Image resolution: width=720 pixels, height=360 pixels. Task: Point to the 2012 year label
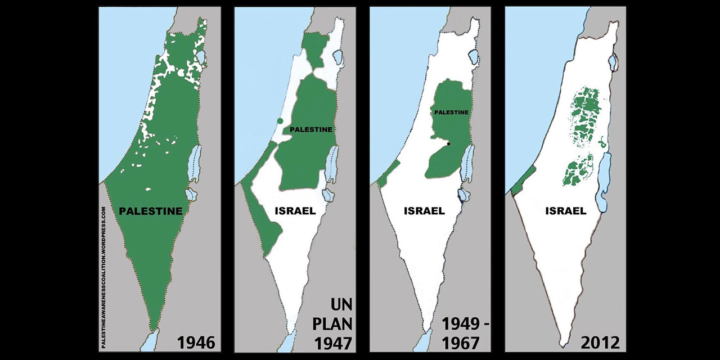600,341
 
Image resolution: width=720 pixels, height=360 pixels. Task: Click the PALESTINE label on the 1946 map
151,211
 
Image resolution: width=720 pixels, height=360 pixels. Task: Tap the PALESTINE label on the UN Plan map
310,129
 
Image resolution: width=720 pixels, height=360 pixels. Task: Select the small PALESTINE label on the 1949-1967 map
451,112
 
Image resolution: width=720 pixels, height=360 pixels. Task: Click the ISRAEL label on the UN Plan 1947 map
296,211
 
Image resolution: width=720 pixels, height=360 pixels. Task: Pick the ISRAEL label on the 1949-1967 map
424,211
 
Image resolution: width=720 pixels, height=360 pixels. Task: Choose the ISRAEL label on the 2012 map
565,211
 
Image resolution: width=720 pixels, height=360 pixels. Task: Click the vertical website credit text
103,276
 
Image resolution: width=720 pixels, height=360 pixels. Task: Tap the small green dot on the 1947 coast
280,121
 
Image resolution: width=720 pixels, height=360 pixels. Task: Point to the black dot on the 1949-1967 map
448,144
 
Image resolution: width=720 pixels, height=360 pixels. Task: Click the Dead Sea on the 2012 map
602,183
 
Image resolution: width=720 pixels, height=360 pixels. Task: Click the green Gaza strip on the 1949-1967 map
388,174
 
